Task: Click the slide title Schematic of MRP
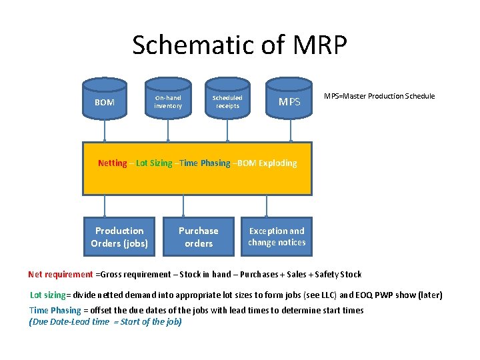click(239, 45)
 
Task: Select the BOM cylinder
click(105, 102)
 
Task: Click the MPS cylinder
click(289, 102)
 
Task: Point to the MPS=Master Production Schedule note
click(379, 96)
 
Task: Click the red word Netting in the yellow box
click(112, 163)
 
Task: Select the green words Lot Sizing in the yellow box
click(153, 163)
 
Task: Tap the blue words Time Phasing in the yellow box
click(207, 163)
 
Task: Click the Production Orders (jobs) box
click(119, 237)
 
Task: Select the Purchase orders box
click(199, 237)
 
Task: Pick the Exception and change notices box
click(277, 237)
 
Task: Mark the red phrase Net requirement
click(61, 274)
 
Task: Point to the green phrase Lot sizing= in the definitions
click(50, 295)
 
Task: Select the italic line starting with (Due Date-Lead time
click(105, 322)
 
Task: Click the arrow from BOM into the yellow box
click(105, 133)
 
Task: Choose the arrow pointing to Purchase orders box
click(184, 206)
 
